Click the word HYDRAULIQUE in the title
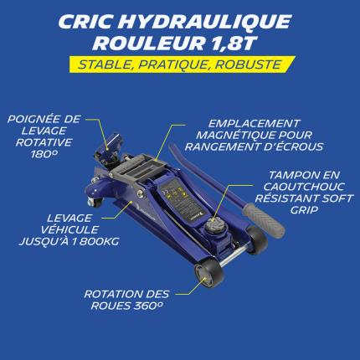pos(206,22)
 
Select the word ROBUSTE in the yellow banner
pos(248,64)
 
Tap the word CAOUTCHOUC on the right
pos(304,187)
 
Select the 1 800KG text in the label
pos(95,241)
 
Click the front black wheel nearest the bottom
pos(209,275)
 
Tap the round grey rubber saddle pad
pos(213,224)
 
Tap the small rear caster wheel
pos(94,202)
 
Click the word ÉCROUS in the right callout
pos(299,147)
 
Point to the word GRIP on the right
pos(304,210)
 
